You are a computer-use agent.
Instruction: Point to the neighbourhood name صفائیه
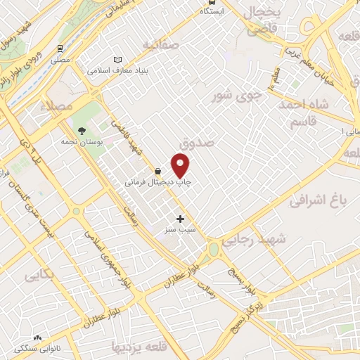tap(161, 44)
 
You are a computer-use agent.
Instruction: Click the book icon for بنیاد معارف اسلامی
tap(118, 60)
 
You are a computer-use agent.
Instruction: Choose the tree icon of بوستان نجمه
tap(82, 131)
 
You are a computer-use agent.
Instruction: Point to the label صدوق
tap(195, 143)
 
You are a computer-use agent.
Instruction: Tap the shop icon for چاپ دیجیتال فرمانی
tap(157, 171)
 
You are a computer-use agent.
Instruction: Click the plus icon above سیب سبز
tap(181, 219)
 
